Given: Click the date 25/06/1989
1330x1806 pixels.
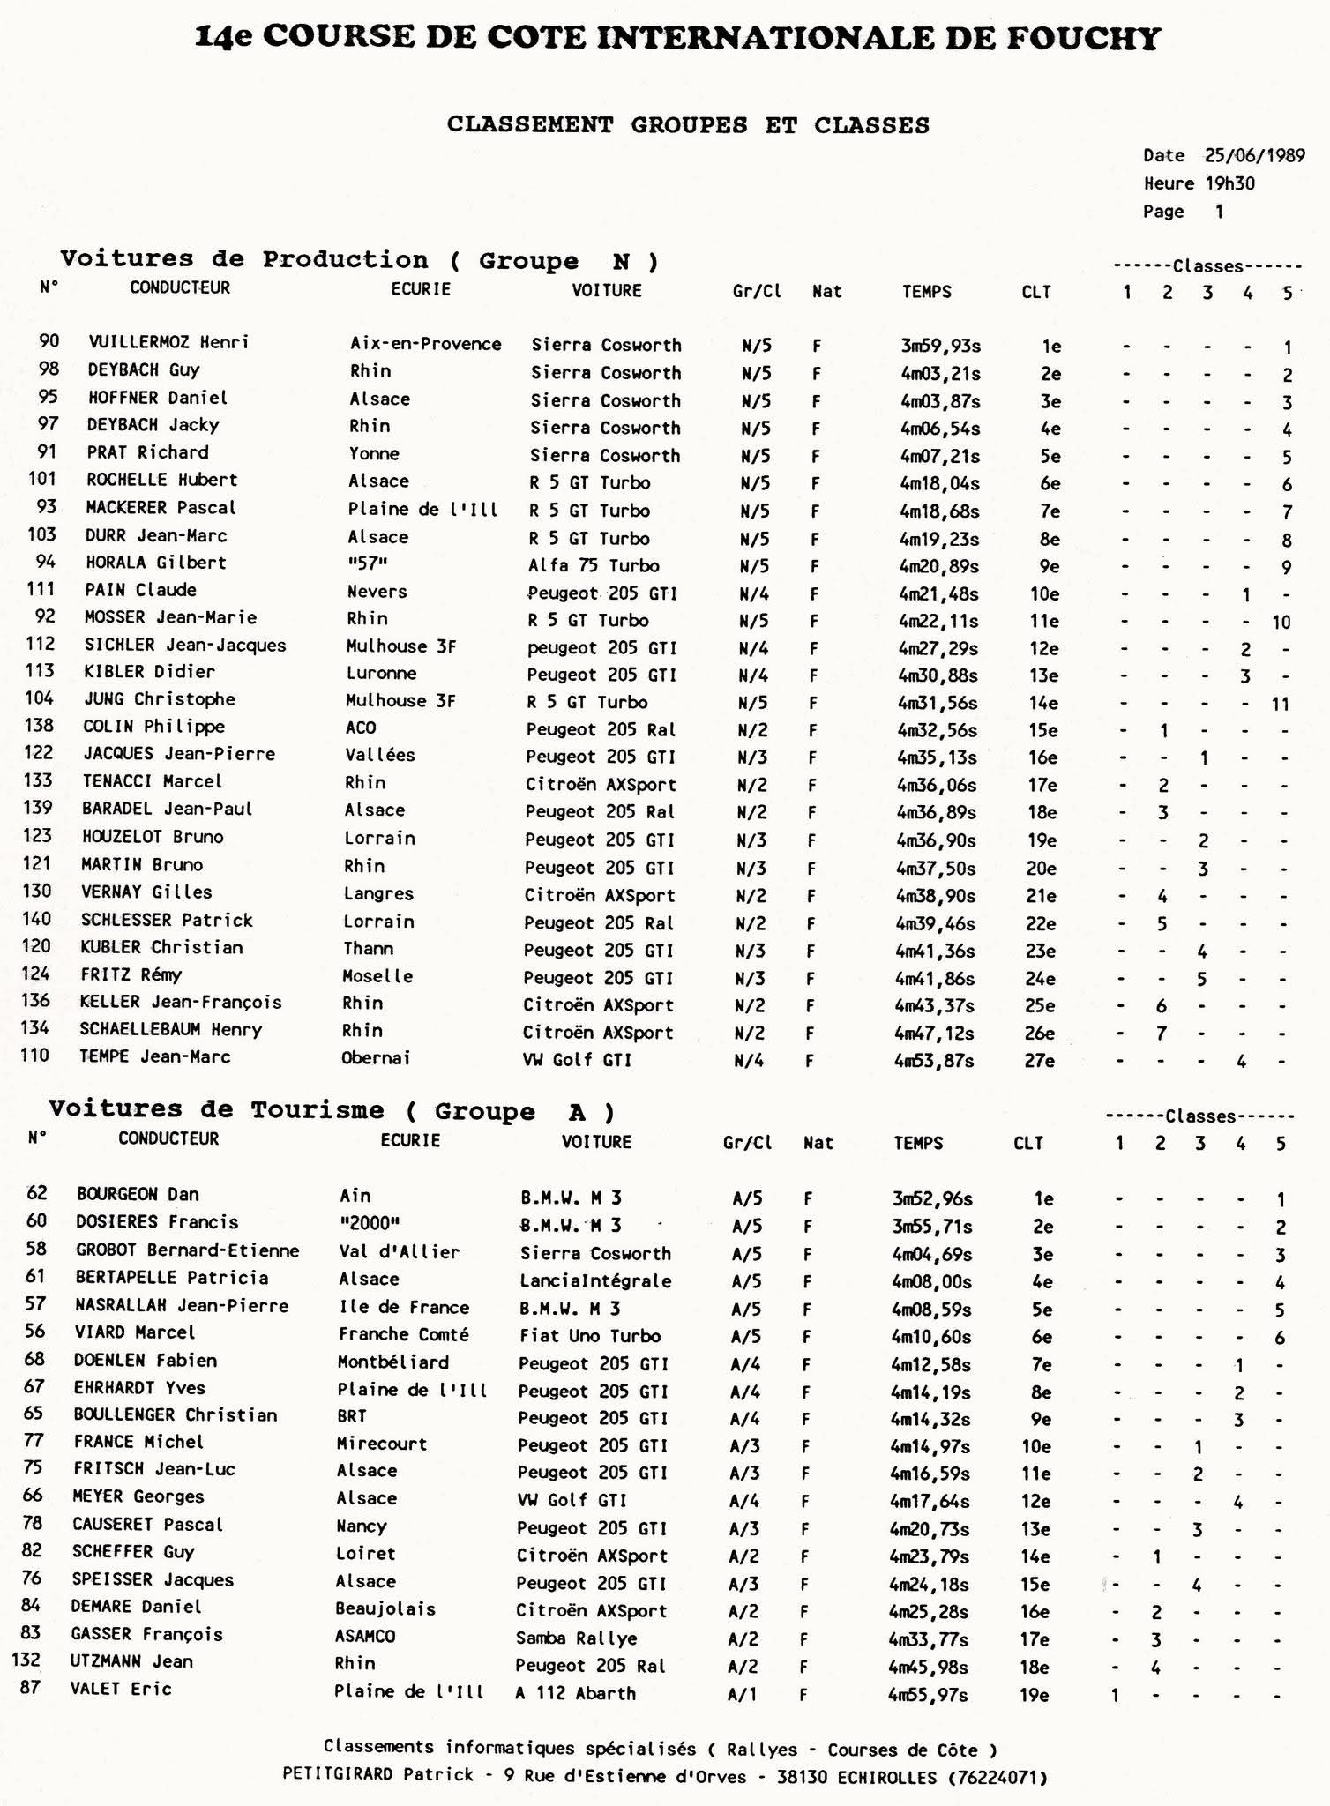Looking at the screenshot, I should pyautogui.click(x=1254, y=155).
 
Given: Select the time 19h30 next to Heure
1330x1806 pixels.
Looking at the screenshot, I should pyautogui.click(x=1229, y=183).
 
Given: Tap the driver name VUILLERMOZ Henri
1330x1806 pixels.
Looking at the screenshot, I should pyautogui.click(x=168, y=342).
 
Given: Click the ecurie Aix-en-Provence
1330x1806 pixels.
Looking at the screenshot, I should pyautogui.click(x=425, y=344).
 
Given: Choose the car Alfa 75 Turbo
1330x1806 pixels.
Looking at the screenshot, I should pyautogui.click(x=594, y=565).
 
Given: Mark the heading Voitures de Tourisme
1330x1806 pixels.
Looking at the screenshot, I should pyautogui.click(x=216, y=1109).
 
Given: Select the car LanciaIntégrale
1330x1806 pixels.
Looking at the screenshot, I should pyautogui.click(x=595, y=1280).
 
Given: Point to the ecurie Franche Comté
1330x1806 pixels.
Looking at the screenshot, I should pyautogui.click(x=403, y=1334).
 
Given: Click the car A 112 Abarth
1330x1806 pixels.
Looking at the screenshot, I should pyautogui.click(x=575, y=1692).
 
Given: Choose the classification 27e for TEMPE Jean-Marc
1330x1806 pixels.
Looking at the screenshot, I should pyautogui.click(x=1040, y=1060).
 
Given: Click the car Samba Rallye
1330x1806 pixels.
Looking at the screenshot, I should pyautogui.click(x=576, y=1638).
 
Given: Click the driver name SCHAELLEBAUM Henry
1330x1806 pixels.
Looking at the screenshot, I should pyautogui.click(x=170, y=1029).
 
